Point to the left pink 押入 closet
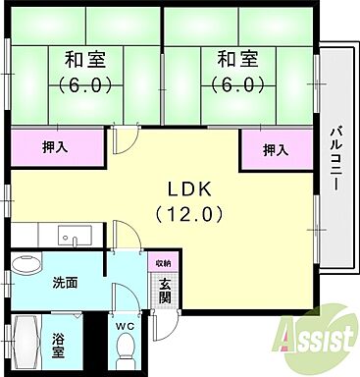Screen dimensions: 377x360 pos(57,149)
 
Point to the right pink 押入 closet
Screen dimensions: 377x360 pos(275,150)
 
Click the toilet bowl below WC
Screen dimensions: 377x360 pos(126,348)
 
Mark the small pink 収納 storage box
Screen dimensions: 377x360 pos(163,263)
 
